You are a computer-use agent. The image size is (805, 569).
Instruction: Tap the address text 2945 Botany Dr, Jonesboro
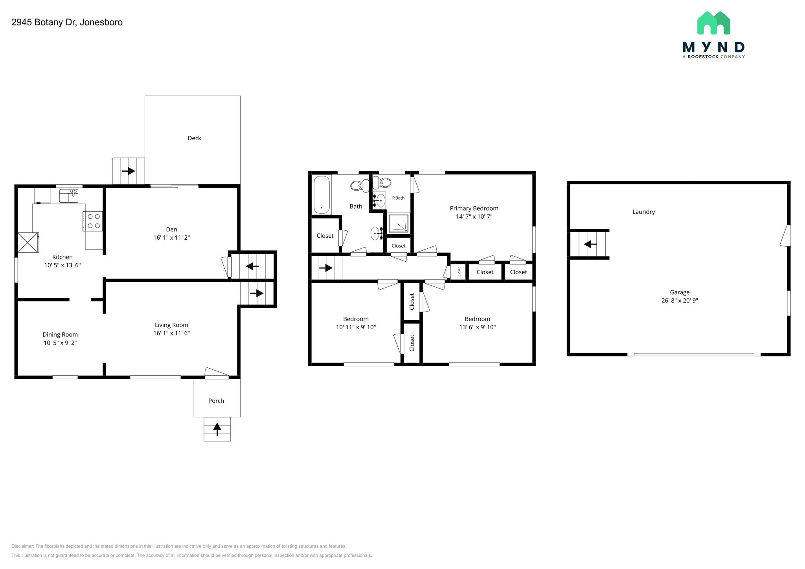[67, 22]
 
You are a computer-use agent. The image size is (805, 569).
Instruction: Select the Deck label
[194, 138]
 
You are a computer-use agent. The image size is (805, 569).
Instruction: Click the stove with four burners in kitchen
[93, 221]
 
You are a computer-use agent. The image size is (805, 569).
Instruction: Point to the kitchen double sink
[69, 195]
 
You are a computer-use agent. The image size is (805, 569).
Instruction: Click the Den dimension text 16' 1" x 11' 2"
[171, 238]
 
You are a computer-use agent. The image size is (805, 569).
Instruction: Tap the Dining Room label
[60, 334]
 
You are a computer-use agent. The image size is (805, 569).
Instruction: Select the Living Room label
[171, 325]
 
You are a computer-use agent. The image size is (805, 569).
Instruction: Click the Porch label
[216, 401]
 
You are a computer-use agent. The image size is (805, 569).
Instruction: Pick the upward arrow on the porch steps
[217, 429]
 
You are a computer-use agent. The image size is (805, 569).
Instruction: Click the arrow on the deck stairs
[129, 171]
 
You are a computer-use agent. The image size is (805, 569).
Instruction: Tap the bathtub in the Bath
[322, 195]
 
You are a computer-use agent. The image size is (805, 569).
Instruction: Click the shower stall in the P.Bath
[399, 223]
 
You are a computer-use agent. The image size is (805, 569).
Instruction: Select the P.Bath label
[398, 198]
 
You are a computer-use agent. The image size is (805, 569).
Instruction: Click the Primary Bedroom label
[474, 208]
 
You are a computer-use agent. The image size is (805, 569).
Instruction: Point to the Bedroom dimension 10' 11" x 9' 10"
[356, 327]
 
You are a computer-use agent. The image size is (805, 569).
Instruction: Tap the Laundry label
[643, 212]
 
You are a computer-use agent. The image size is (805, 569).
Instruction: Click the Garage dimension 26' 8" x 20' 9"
[680, 301]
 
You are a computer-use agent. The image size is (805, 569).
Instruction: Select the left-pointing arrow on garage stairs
[590, 244]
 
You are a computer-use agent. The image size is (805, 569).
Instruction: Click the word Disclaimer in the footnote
[22, 546]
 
